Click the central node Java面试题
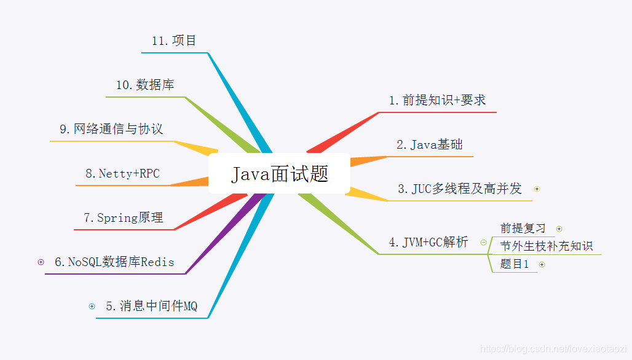pyautogui.click(x=280, y=174)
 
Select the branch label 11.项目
pyautogui.click(x=174, y=41)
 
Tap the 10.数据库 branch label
pyautogui.click(x=145, y=85)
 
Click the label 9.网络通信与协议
pyautogui.click(x=111, y=129)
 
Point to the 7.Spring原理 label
pyautogui.click(x=124, y=217)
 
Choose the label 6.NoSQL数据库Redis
pyautogui.click(x=114, y=262)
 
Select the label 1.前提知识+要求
pyautogui.click(x=437, y=100)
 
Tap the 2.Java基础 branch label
pyautogui.click(x=429, y=145)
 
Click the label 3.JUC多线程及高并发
pyautogui.click(x=459, y=189)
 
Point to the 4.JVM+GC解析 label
pyautogui.click(x=429, y=242)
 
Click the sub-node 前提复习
pyautogui.click(x=523, y=229)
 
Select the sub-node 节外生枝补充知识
pyautogui.click(x=547, y=246)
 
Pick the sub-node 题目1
pyautogui.click(x=515, y=264)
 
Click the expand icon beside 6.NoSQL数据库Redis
pyautogui.click(x=41, y=262)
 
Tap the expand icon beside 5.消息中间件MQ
pyautogui.click(x=92, y=306)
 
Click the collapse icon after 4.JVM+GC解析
pyautogui.click(x=483, y=242)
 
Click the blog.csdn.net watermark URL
pyautogui.click(x=553, y=349)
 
